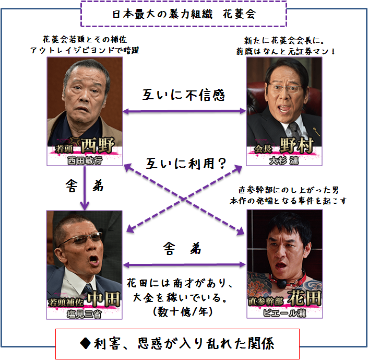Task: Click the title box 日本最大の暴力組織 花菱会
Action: click(184, 14)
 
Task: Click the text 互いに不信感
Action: click(183, 95)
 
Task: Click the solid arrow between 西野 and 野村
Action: click(184, 111)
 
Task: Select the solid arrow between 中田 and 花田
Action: click(184, 264)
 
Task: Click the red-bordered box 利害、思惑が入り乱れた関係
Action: click(184, 343)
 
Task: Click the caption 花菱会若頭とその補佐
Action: click(85, 39)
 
